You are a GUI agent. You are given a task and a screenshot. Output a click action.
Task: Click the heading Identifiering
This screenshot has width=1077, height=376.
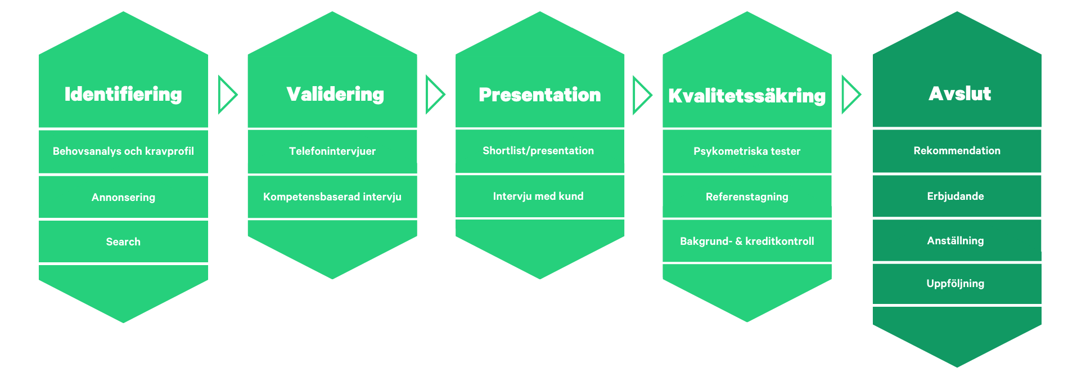123,94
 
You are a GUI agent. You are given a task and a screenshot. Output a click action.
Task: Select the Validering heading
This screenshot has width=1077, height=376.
335,94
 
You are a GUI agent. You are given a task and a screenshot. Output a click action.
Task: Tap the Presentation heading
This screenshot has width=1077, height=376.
540,95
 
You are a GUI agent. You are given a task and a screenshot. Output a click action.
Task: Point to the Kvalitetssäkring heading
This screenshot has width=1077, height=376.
747,96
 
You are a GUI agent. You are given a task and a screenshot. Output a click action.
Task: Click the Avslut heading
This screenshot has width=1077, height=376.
960,93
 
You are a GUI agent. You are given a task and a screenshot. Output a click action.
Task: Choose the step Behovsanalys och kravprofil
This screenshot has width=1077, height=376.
123,151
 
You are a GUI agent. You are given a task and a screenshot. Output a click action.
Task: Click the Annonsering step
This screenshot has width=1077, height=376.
123,197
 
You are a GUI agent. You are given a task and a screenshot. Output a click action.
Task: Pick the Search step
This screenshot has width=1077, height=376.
123,241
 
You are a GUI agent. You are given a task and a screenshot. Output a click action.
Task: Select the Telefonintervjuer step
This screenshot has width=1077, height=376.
332,151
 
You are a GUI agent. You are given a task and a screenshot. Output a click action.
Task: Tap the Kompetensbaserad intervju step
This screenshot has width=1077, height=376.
332,196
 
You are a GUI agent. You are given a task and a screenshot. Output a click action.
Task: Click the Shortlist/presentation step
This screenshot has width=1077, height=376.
538,150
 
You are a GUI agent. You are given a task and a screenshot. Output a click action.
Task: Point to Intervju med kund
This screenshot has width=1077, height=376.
538,196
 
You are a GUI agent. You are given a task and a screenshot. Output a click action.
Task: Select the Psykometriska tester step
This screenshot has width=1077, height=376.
747,151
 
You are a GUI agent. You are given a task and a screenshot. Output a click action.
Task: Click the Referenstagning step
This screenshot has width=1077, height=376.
747,196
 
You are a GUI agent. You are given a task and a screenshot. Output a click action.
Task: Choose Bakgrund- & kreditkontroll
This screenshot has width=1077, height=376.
747,241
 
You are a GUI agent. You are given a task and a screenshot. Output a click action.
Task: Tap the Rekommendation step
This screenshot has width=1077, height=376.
957,150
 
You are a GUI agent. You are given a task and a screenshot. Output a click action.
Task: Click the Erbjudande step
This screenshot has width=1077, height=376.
956,196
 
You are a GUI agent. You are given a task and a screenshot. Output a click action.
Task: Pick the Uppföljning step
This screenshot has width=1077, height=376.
956,283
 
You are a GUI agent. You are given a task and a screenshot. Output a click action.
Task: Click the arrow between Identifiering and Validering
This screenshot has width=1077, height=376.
228,95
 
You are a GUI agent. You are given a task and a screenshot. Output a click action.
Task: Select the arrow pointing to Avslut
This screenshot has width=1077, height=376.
851,95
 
